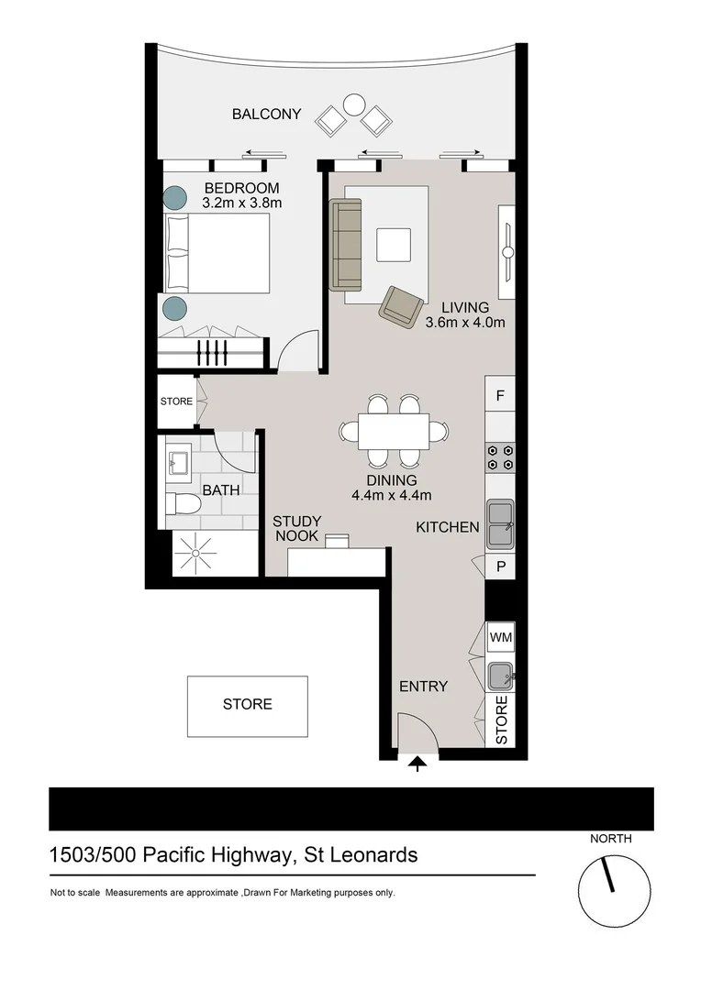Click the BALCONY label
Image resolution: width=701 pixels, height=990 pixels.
(x=266, y=115)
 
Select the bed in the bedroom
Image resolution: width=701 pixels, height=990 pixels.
(x=217, y=254)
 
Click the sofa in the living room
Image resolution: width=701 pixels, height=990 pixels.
(x=346, y=245)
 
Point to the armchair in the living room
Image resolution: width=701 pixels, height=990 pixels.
(x=401, y=305)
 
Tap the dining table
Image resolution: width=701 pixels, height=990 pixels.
(x=394, y=431)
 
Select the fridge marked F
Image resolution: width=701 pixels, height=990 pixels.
(x=500, y=396)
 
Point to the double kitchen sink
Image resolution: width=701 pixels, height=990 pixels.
(x=500, y=523)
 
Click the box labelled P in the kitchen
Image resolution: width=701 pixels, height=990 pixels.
(x=500, y=566)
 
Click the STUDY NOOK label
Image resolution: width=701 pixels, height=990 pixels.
(x=296, y=529)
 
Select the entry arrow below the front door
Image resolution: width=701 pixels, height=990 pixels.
(x=418, y=764)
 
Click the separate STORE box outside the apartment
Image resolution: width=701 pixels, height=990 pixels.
(x=248, y=705)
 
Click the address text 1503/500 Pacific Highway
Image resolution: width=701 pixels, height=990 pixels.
(x=170, y=855)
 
